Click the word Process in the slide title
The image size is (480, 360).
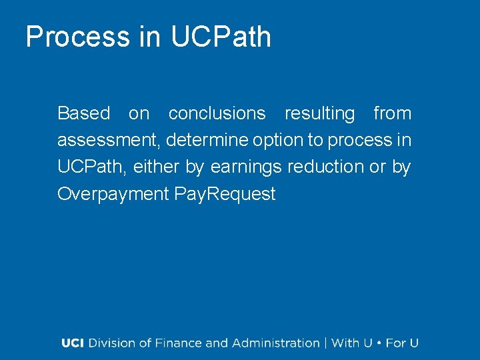click(x=78, y=37)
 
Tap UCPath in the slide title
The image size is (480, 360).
click(x=221, y=37)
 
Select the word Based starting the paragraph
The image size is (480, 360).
click(x=83, y=113)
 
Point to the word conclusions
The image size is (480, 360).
click(x=217, y=113)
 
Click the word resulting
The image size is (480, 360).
click(x=320, y=114)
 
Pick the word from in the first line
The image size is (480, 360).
click(x=392, y=113)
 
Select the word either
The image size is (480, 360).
click(x=157, y=167)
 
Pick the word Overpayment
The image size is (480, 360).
click(x=113, y=194)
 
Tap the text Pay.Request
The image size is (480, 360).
click(x=225, y=194)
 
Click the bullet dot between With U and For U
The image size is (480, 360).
click(x=379, y=343)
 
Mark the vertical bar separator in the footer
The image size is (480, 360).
click(x=325, y=343)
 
